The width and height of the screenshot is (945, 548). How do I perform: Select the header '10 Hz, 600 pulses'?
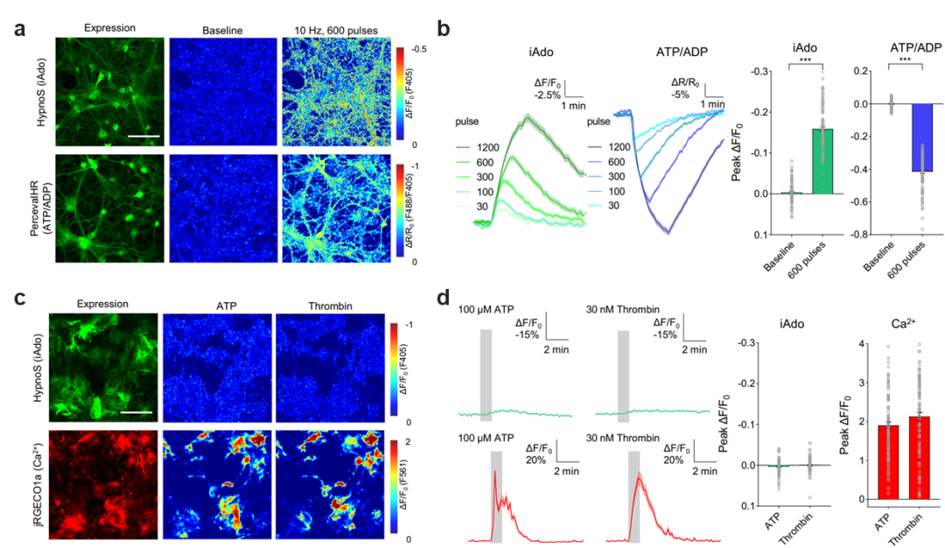335,30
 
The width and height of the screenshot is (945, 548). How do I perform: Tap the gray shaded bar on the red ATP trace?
496,495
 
